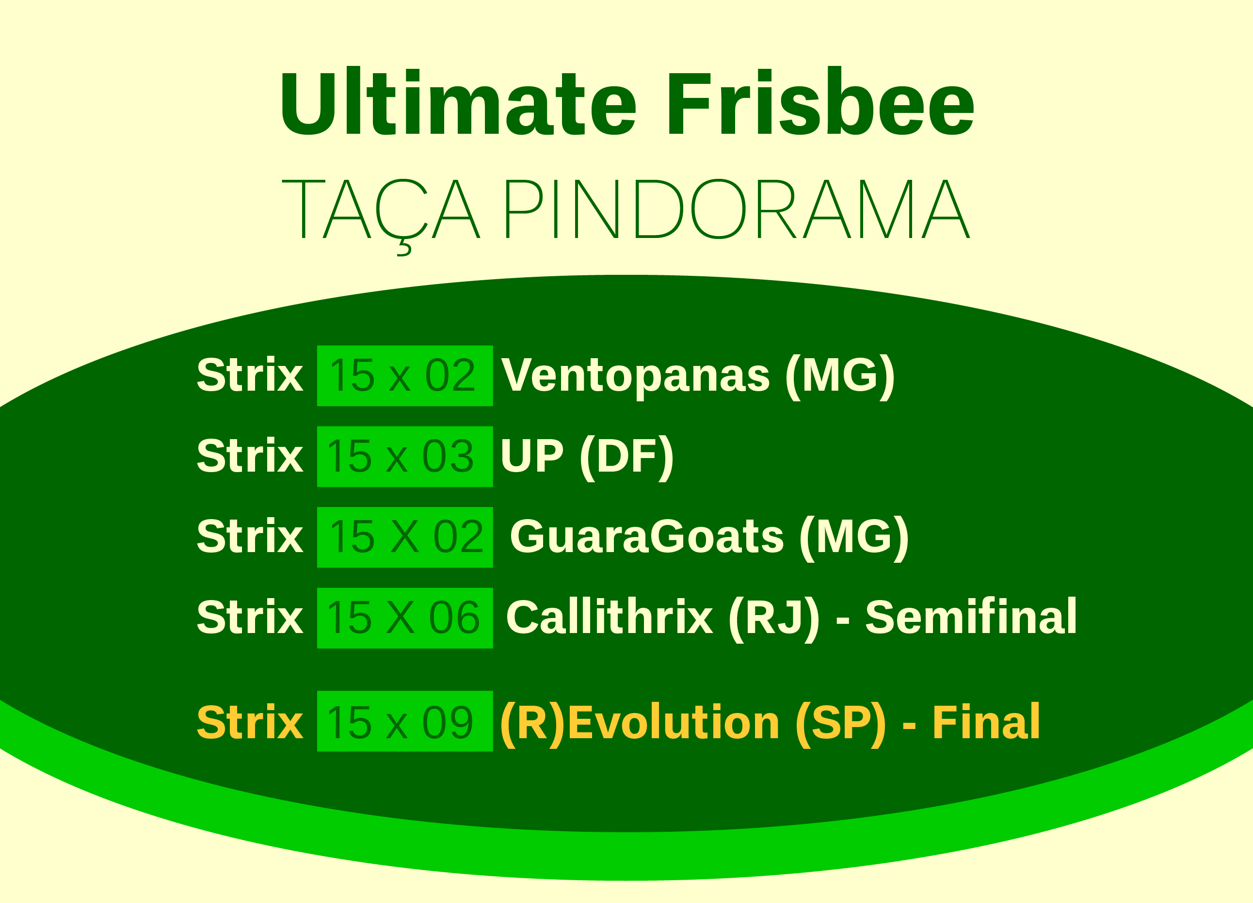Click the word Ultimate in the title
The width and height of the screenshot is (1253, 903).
[459, 101]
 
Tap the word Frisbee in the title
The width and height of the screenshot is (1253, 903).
[821, 101]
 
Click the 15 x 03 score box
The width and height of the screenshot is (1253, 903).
[405, 457]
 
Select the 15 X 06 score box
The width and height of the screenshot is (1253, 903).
[405, 618]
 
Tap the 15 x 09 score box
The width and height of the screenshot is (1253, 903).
[405, 721]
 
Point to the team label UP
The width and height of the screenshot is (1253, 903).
[531, 456]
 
